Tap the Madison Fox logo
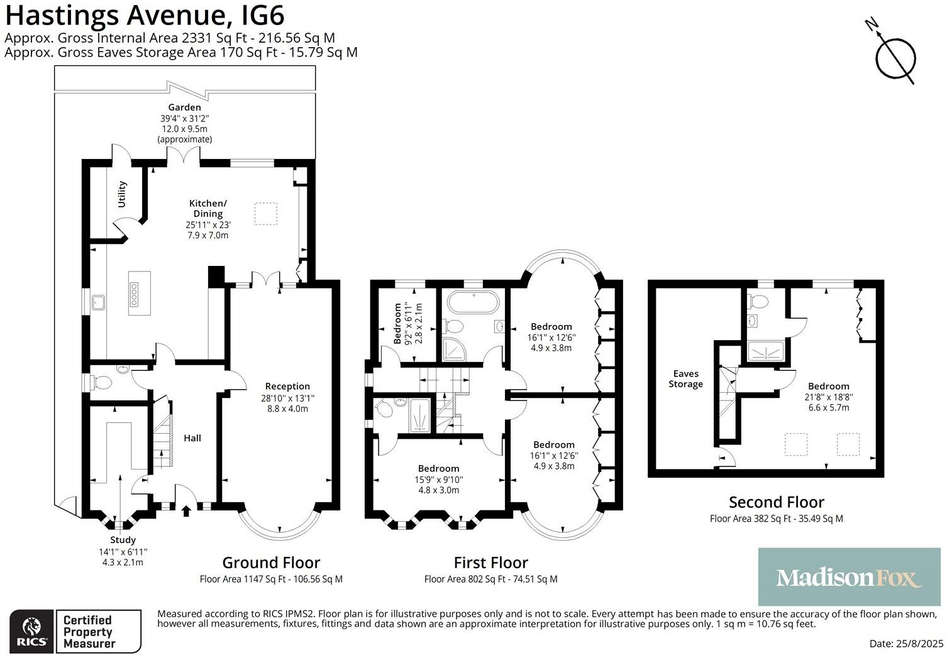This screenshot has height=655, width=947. tap(849, 577)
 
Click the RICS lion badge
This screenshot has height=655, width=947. tap(31, 631)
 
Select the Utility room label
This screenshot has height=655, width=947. tap(122, 194)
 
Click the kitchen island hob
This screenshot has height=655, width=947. tap(135, 293)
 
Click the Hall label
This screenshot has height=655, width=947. tap(192, 438)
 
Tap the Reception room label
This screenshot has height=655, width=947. tap(287, 386)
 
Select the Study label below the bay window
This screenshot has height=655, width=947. tap(123, 539)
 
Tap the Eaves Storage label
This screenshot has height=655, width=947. tap(685, 378)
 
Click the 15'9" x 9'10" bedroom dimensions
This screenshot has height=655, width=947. tap(438, 480)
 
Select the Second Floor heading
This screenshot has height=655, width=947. tap(776, 502)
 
